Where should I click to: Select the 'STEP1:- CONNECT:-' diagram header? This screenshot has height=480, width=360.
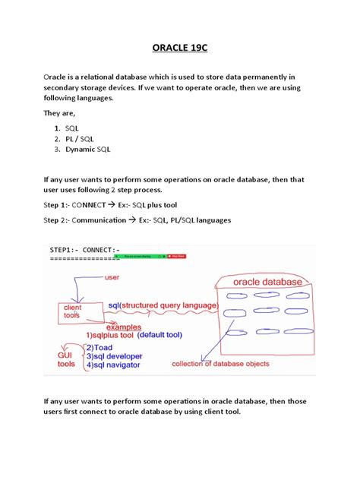[85, 249]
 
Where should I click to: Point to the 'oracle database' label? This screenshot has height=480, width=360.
[261, 282]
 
